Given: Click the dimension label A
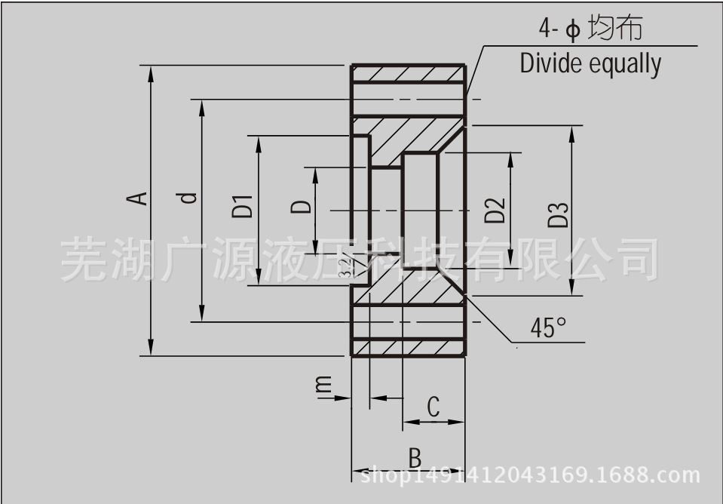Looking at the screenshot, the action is tap(136, 198).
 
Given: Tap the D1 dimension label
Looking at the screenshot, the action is tap(242, 206).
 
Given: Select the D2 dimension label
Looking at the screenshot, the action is tap(495, 210).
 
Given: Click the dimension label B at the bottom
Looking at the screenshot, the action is tap(415, 457).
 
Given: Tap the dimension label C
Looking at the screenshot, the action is tap(433, 407).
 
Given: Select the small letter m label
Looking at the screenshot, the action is tap(323, 386).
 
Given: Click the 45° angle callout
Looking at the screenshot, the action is tap(548, 328).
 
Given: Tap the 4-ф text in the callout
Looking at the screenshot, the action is tap(559, 29).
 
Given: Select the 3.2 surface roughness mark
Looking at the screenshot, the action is tap(345, 267).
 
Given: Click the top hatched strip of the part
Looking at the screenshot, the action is tap(408, 74).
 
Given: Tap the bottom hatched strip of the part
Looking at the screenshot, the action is tap(408, 347).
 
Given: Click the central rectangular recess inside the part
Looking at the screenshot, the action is tap(420, 209).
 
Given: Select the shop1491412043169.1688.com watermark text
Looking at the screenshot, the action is tap(532, 476).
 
